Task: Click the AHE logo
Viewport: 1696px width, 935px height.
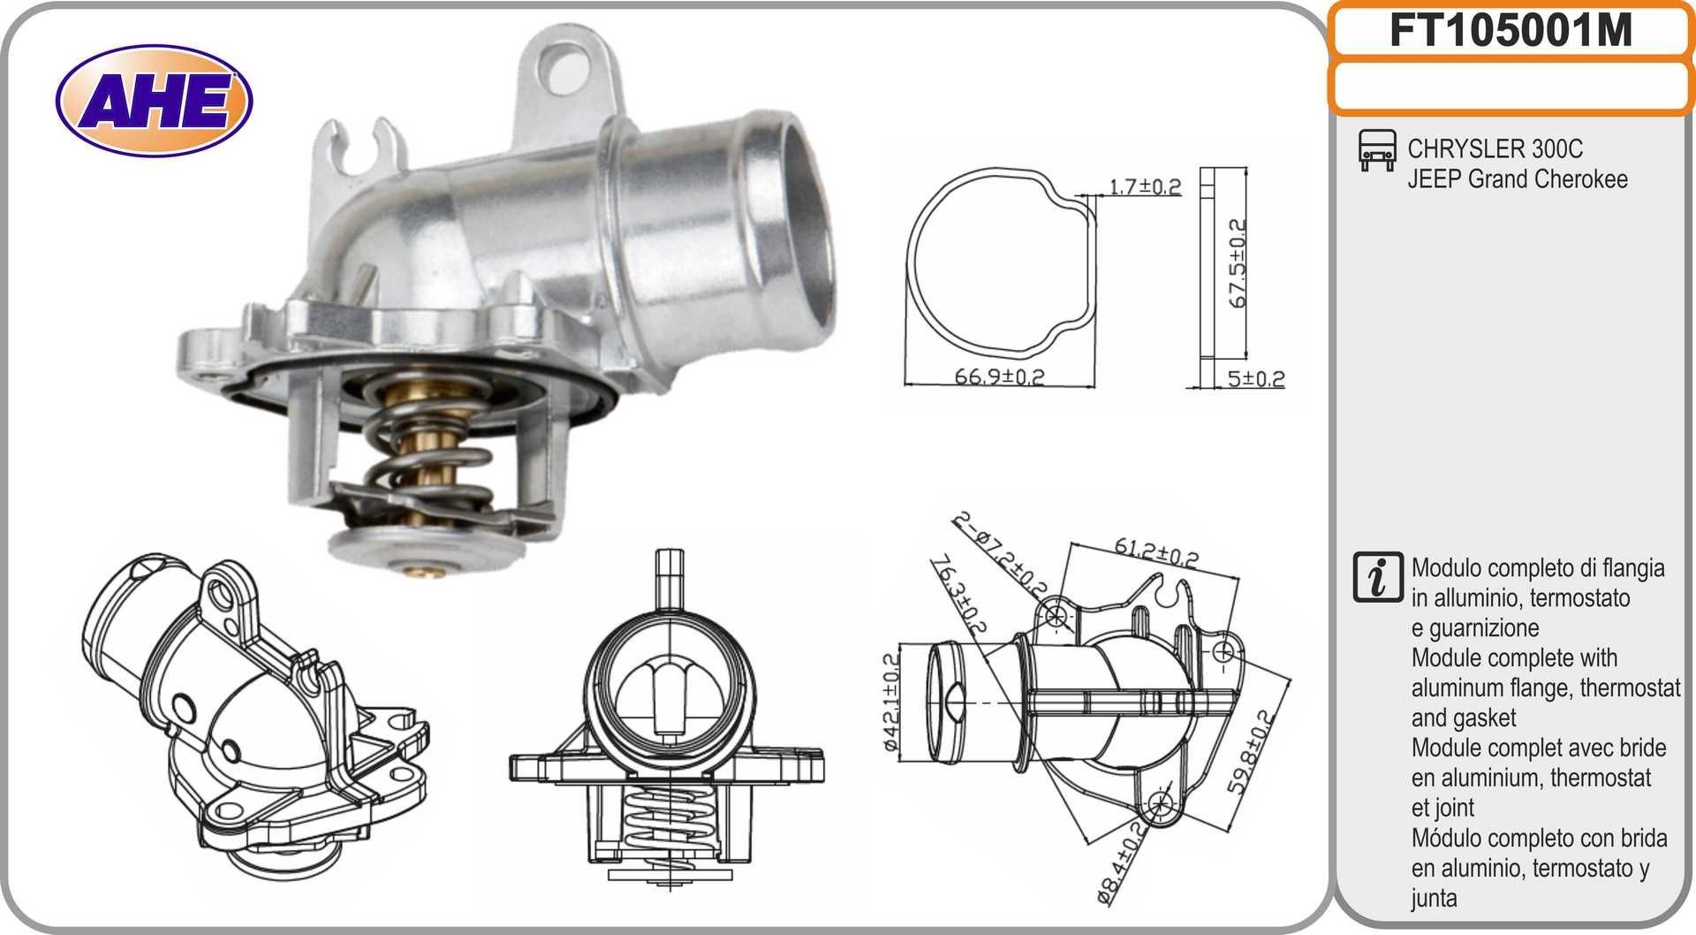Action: [x=154, y=101]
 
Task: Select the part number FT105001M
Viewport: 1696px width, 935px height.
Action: [x=1510, y=31]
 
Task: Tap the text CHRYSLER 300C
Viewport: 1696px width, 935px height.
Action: [x=1495, y=148]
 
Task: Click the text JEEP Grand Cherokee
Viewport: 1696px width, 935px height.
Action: [x=1517, y=179]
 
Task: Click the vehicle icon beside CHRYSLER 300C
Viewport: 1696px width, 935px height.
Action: [x=1376, y=150]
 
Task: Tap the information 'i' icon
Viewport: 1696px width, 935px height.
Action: [x=1377, y=578]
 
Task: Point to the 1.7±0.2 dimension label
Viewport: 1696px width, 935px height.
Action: [x=1145, y=186]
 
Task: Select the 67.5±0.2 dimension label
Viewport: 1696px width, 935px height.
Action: [x=1238, y=263]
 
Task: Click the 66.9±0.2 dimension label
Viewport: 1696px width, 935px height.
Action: [x=999, y=376]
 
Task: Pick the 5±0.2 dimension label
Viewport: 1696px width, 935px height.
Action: [x=1255, y=379]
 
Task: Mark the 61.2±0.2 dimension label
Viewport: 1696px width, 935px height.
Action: [x=1155, y=552]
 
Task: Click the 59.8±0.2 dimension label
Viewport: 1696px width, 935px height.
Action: [x=1249, y=752]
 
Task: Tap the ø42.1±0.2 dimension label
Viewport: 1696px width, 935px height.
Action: [x=891, y=702]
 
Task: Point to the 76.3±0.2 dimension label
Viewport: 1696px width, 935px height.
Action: [x=958, y=596]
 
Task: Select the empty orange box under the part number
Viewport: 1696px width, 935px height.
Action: [x=1510, y=87]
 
